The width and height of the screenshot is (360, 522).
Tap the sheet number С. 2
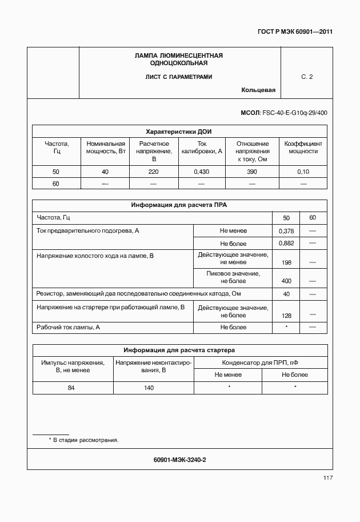pos(307,77)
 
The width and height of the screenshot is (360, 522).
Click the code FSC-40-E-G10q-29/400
pos(295,113)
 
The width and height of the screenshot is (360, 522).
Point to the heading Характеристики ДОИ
pos(179,132)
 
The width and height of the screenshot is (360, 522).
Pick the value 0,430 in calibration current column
pos(201,172)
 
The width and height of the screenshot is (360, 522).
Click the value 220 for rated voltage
pos(154,172)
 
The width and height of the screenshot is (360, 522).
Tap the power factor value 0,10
pos(303,172)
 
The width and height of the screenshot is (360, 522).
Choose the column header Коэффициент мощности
pos(303,148)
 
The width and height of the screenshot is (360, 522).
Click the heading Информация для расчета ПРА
pos(179,204)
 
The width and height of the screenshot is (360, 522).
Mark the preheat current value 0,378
pos(286,231)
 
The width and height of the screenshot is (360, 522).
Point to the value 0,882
pos(286,244)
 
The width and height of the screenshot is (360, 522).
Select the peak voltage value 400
pos(286,281)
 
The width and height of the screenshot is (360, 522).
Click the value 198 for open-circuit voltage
pos(286,262)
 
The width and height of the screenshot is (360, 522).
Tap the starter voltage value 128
pos(286,316)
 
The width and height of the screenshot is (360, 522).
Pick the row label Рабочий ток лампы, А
pos(68,328)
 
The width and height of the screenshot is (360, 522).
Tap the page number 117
pos(327,478)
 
